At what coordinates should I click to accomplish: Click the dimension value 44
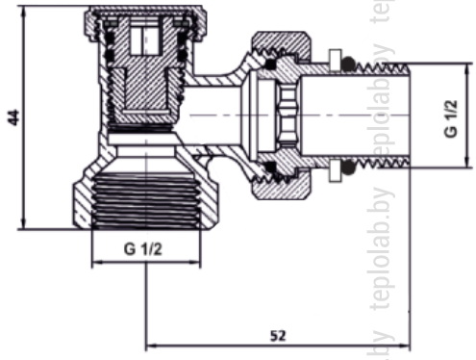tap(13, 117)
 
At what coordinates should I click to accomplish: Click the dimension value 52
tap(278, 336)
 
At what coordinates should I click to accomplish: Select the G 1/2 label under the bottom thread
tap(143, 249)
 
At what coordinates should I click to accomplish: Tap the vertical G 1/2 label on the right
tap(451, 118)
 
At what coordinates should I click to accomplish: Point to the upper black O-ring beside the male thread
tap(348, 64)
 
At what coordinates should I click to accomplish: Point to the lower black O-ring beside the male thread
tap(348, 167)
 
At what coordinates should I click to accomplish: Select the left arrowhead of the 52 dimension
tap(151, 346)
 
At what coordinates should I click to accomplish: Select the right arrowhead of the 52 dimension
tap(405, 346)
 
